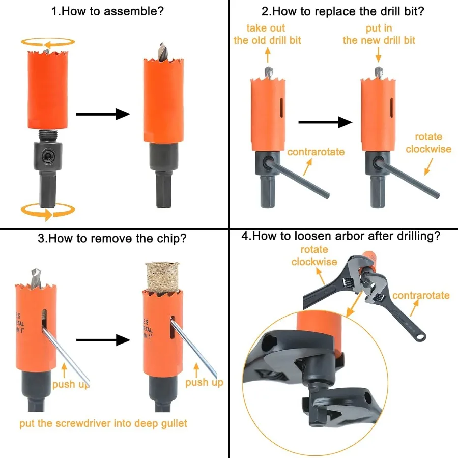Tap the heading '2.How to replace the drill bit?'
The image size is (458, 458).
[342, 11]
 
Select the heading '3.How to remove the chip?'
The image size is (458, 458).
[111, 238]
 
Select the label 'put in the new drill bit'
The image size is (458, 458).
[379, 34]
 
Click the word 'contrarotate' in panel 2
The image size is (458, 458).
[316, 152]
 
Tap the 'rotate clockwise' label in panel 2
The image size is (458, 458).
[428, 143]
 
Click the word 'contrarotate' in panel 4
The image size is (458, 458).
[421, 295]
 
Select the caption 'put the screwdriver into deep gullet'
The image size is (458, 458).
[103, 423]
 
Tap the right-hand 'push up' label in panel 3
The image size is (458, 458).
[204, 382]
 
